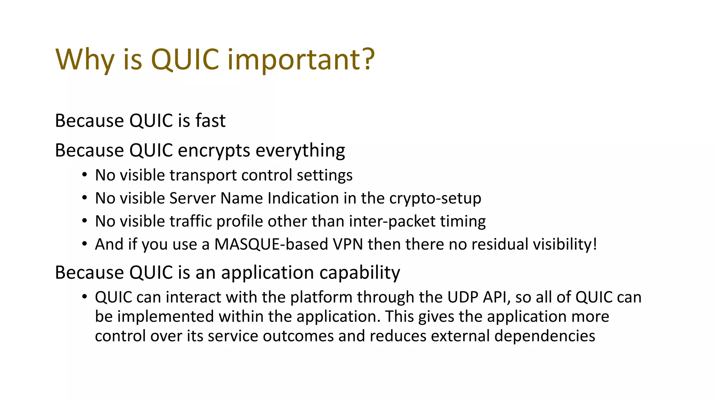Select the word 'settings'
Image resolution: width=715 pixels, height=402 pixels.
click(324, 175)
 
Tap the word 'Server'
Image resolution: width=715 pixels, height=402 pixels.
click(192, 198)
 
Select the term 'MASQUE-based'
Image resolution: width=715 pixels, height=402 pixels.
click(271, 244)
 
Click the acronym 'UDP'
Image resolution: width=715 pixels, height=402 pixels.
click(463, 297)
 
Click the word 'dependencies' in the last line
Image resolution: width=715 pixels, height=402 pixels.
click(545, 336)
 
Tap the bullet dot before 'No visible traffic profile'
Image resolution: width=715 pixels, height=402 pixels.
click(84, 221)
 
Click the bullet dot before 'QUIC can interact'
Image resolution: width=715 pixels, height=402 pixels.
click(84, 297)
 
